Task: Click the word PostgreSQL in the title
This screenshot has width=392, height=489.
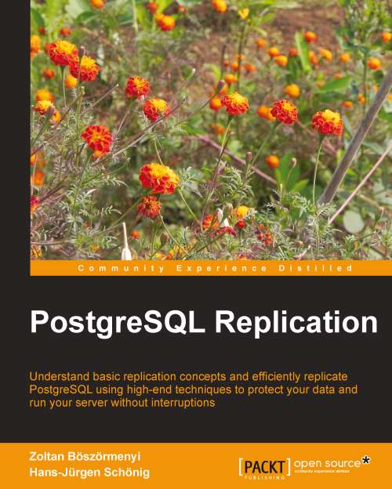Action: tap(111, 324)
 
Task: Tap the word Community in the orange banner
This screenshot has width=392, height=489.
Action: tap(109, 268)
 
